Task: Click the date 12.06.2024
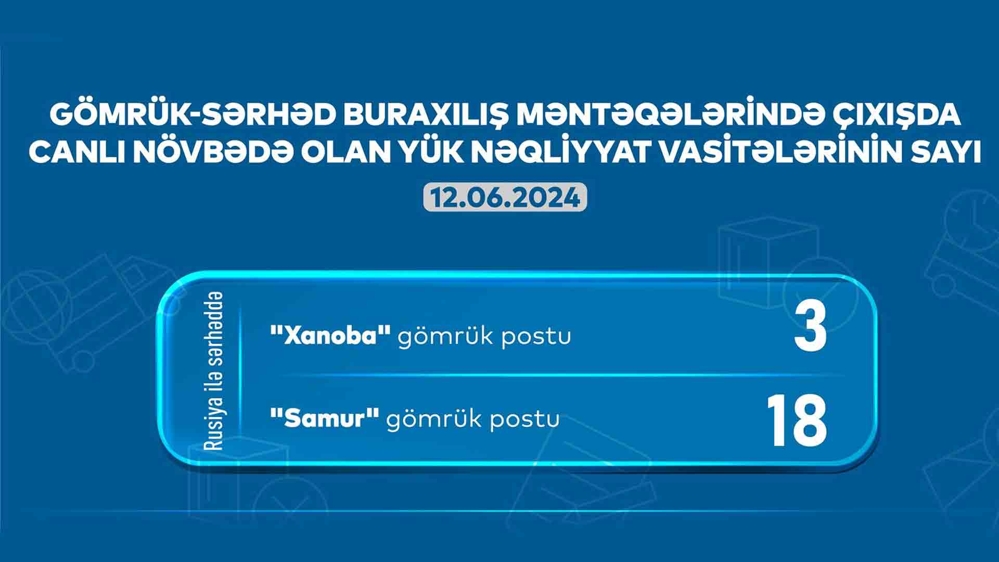505,198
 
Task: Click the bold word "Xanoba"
330,337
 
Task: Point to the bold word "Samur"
324,419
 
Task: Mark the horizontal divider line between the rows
559,374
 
